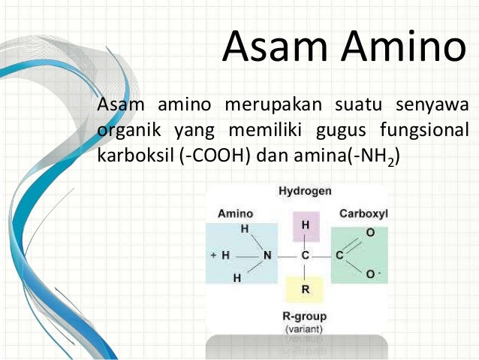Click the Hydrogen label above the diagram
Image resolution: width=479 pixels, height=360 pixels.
(305, 192)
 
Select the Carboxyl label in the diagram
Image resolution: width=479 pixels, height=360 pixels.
(363, 213)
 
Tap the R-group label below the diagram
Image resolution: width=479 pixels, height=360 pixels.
(305, 316)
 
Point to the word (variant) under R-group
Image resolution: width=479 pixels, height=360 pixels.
(305, 329)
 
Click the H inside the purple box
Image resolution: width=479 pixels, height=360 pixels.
(305, 225)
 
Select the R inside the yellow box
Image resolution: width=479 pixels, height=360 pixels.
(305, 289)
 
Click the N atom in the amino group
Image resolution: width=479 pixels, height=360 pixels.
(267, 256)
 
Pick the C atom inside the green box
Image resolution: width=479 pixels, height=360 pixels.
(339, 256)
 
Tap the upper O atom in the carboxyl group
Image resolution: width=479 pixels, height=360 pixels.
(370, 234)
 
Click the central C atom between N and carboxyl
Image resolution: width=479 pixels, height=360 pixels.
(305, 256)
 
